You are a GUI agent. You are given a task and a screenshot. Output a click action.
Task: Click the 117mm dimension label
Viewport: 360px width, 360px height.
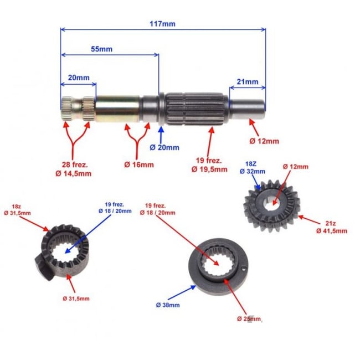click(x=162, y=23)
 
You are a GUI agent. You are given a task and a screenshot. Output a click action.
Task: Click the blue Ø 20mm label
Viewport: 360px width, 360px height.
click(x=164, y=147)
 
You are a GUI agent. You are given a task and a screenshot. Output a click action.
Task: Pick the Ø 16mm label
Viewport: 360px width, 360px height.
click(x=139, y=164)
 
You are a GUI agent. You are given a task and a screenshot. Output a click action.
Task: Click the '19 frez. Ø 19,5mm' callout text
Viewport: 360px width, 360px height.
click(x=211, y=164)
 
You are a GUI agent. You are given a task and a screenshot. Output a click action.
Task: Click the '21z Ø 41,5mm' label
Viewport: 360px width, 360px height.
click(x=332, y=227)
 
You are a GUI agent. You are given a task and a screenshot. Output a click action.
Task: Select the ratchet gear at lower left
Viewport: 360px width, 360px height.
click(x=65, y=250)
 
